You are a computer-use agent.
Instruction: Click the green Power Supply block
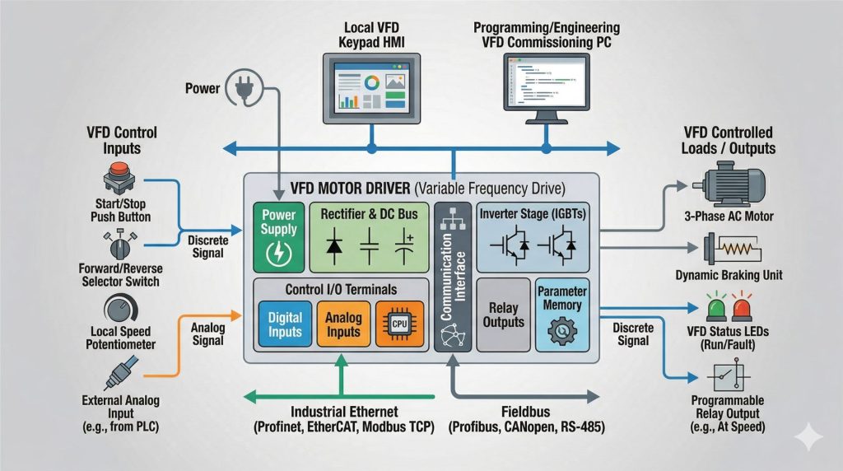(x=278, y=236)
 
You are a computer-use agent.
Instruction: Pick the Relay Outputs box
(x=502, y=314)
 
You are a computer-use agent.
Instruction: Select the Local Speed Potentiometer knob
(x=121, y=312)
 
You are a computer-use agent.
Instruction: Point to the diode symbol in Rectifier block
(x=336, y=244)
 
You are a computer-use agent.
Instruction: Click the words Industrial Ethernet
(x=344, y=411)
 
